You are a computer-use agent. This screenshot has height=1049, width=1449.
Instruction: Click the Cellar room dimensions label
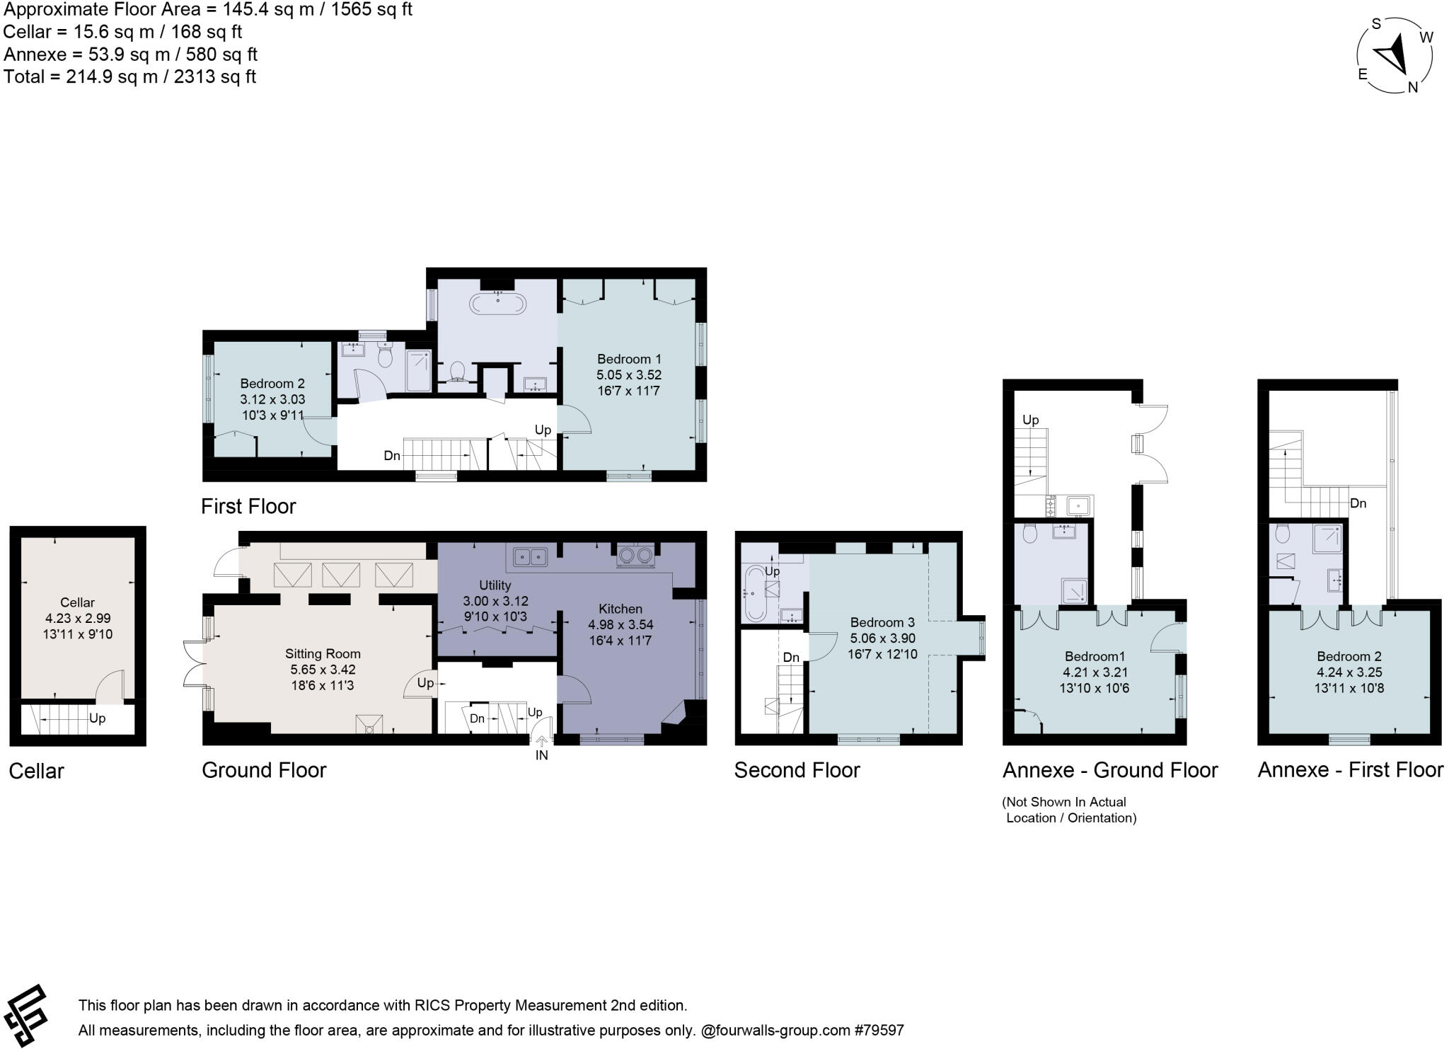tap(78, 626)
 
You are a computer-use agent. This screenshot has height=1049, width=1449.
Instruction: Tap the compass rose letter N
tap(1412, 87)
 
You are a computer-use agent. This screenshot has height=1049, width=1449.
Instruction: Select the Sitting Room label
tap(323, 653)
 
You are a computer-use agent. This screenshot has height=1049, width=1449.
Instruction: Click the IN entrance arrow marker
tap(541, 744)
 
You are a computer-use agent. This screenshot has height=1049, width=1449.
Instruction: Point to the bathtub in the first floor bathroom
tap(498, 304)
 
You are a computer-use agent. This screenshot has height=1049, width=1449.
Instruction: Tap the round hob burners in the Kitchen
tap(635, 556)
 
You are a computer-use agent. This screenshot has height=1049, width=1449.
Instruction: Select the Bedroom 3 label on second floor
tap(882, 622)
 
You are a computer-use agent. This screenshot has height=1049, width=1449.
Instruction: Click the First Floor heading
tap(248, 506)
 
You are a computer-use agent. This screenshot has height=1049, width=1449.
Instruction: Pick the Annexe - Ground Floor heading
tap(1110, 770)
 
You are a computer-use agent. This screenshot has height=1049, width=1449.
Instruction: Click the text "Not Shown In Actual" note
tap(1064, 802)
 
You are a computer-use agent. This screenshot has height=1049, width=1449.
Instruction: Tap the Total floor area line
tap(129, 76)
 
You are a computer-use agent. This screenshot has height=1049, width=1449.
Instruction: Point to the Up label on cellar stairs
tap(97, 718)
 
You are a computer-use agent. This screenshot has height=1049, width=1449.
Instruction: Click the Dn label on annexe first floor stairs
tap(1358, 503)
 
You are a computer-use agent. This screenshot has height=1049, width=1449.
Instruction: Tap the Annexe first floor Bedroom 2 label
tap(1349, 656)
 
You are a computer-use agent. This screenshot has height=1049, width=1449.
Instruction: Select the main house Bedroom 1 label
tap(629, 359)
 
